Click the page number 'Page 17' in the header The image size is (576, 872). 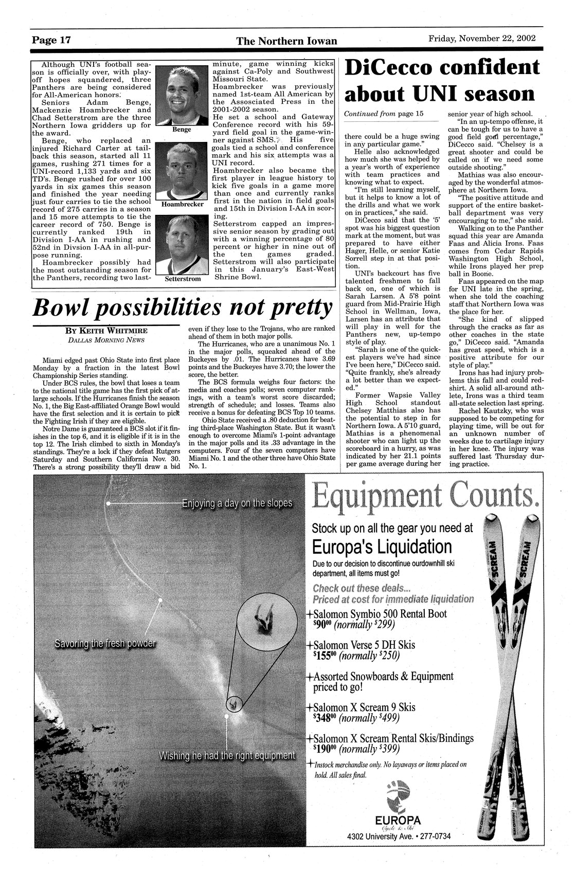51,40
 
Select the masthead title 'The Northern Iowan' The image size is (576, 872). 287,41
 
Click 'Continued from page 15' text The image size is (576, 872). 383,114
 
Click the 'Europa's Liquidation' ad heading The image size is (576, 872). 382,546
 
